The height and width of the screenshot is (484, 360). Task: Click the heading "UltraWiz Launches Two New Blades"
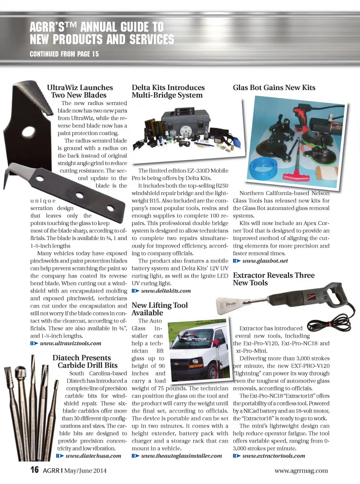tap(79, 91)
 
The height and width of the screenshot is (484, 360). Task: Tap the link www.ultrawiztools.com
tap(70, 343)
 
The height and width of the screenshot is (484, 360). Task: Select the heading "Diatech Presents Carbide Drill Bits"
tap(85, 361)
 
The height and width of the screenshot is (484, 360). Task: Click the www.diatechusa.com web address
tap(93, 456)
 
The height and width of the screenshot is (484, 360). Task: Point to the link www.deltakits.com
tap(166, 291)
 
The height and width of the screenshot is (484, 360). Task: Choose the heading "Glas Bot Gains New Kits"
tap(274, 87)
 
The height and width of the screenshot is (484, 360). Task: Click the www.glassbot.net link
tap(265, 261)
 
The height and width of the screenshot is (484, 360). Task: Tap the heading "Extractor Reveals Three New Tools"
tap(273, 279)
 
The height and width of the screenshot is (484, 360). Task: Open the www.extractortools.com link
tap(273, 456)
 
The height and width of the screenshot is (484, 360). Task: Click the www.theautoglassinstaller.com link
tap(181, 456)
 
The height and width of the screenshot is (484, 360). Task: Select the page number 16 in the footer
tap(34, 470)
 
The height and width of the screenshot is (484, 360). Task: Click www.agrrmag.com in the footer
tap(301, 470)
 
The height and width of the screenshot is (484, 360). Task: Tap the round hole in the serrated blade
tap(28, 131)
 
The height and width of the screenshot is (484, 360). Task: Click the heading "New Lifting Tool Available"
tap(159, 309)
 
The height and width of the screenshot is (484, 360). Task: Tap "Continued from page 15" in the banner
tap(64, 54)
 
